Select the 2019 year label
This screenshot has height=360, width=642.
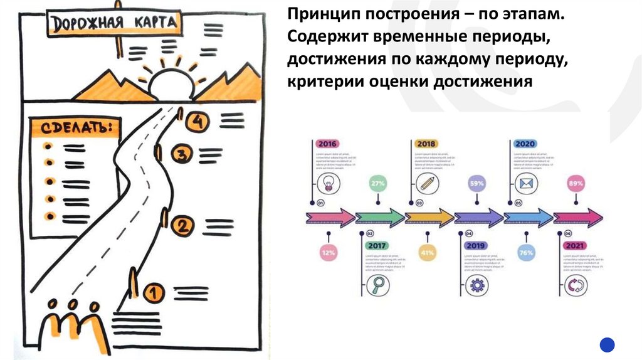coord(476,245)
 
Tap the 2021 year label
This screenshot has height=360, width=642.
coord(575,245)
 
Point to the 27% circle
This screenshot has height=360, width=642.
coord(377,184)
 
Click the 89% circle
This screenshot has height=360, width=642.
coord(575,184)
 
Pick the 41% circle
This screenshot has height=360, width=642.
coord(428,253)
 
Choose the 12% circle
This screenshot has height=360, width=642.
coord(328,253)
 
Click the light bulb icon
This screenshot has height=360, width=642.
coord(327,183)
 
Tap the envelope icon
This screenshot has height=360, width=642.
coord(525,183)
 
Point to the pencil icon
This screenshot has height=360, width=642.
coord(427,183)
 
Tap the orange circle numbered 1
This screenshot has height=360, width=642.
coord(154,292)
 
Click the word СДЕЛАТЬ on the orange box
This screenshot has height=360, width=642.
coord(72,128)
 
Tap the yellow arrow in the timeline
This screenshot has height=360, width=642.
coord(429,218)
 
